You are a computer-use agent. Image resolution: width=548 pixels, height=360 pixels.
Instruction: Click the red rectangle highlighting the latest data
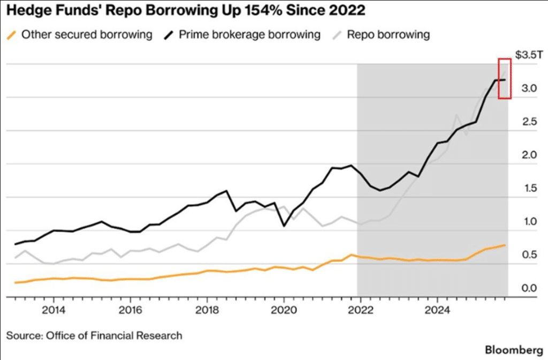click(x=505, y=78)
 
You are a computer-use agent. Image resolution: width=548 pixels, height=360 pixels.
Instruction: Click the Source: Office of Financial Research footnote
click(x=94, y=336)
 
